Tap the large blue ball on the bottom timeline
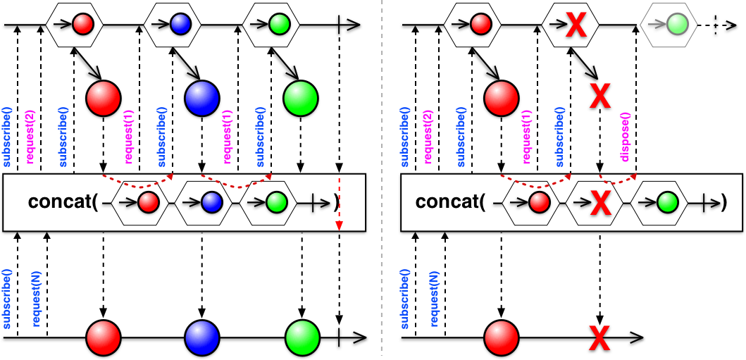[201, 337]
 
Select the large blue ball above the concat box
[201, 99]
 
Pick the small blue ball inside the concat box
[209, 203]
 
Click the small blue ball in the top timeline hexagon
[181, 23]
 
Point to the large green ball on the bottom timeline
[303, 337]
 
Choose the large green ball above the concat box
[300, 99]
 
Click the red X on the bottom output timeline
[600, 338]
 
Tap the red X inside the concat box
[600, 204]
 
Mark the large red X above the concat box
[600, 94]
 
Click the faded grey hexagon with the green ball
[669, 23]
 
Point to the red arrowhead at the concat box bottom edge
[339, 228]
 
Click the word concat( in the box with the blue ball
[63, 202]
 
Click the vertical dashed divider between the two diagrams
[381, 180]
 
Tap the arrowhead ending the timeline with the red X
[637, 338]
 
